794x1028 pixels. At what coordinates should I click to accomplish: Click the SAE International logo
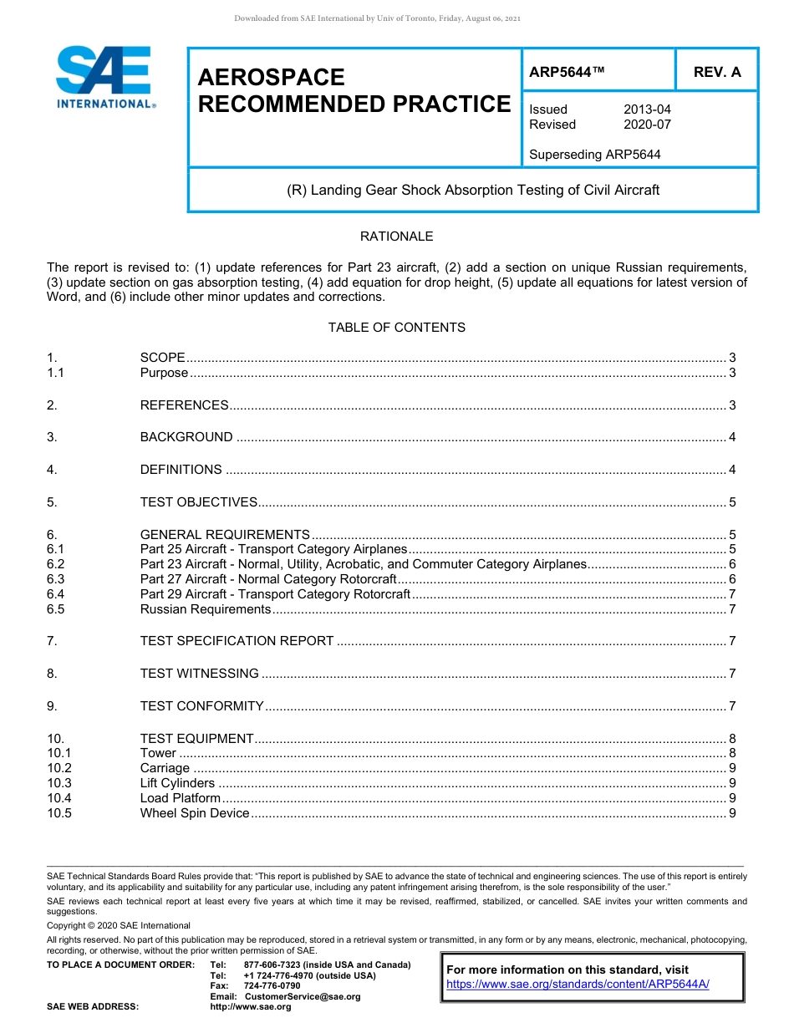104,77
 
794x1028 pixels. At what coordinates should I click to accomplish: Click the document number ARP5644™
567,73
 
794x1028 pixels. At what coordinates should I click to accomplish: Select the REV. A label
716,73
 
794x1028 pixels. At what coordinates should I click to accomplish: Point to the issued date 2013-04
647,109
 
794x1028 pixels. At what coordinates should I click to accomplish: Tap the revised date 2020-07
647,125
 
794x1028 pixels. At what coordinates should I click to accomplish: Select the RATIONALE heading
396,237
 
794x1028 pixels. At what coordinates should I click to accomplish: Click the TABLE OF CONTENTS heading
396,328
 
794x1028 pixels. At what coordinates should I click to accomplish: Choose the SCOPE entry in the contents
162,358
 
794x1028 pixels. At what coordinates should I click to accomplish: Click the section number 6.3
55,579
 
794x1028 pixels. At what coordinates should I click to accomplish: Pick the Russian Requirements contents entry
205,609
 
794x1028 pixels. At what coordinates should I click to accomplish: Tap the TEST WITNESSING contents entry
199,674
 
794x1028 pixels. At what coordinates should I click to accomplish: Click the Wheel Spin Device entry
195,813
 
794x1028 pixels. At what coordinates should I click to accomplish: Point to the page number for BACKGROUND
732,437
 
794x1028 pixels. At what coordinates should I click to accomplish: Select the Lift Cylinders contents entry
177,783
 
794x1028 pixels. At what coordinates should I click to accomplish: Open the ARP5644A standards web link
578,984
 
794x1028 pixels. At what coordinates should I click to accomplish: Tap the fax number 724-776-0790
272,986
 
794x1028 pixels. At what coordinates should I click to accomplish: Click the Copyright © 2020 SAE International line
119,925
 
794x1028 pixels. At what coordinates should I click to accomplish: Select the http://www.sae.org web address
251,1007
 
